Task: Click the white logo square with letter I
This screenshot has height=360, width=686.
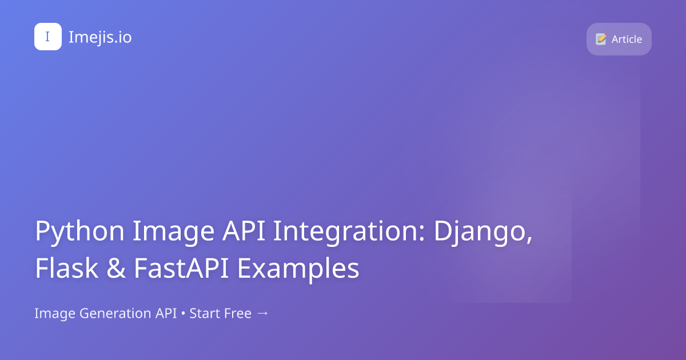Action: point(48,37)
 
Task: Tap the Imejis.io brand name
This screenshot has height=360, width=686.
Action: point(100,37)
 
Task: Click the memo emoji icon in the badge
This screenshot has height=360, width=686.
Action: point(601,39)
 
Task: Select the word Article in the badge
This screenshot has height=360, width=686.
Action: point(627,39)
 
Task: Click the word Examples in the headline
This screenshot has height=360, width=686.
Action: point(298,269)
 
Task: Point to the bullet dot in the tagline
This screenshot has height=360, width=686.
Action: point(183,314)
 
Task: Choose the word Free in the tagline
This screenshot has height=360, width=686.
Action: point(236,314)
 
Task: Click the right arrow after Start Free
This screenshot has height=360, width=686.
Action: point(262,314)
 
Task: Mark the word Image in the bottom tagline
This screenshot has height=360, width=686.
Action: point(54,314)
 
